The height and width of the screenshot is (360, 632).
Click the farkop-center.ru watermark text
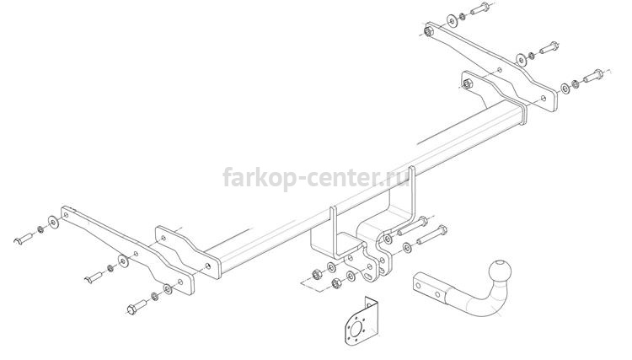tap(317, 177)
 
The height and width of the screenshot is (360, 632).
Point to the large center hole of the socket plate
tap(356, 330)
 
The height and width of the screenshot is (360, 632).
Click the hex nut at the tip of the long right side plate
tap(428, 31)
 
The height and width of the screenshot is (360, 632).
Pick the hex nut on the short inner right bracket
tap(467, 84)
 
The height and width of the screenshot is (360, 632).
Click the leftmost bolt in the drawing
tap(24, 239)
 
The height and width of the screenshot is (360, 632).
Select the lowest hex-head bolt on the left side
tap(137, 306)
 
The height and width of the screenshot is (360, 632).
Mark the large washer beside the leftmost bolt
tap(53, 222)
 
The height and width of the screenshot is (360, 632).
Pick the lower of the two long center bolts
tap(431, 234)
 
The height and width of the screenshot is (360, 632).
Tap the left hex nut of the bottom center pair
tap(316, 274)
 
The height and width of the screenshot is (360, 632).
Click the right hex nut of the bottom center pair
tap(335, 283)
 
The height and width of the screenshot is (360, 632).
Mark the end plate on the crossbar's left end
tap(189, 252)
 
